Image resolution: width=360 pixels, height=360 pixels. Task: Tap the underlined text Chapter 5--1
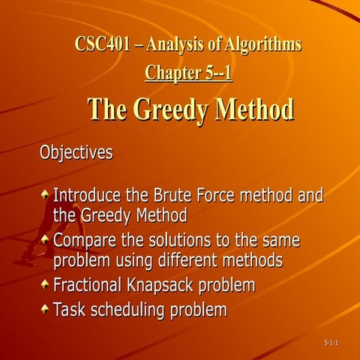pos(188,73)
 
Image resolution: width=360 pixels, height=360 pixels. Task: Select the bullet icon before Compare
pos(45,240)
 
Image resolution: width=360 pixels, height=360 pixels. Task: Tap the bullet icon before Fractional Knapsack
pos(45,285)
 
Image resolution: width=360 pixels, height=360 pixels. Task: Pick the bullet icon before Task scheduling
pos(45,309)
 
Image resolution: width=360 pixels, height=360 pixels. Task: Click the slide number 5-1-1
pos(331,343)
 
